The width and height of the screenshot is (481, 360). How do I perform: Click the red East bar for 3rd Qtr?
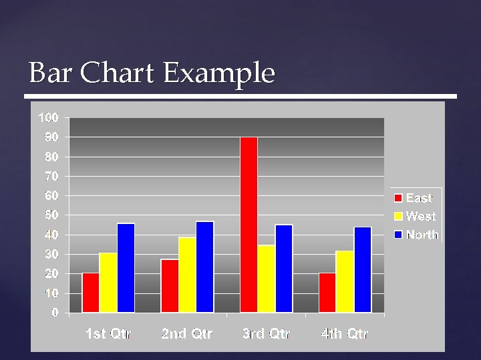[x=249, y=224]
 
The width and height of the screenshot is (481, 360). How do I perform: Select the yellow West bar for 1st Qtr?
[x=108, y=282]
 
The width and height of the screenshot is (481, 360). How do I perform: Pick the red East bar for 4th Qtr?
[x=327, y=292]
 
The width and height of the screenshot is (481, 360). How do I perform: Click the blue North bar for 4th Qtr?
[x=363, y=269]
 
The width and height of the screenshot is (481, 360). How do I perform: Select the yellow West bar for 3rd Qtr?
[x=266, y=278]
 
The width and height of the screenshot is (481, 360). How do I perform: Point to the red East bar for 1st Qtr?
[x=91, y=292]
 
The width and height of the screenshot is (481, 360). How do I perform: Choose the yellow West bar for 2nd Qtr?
[x=187, y=274]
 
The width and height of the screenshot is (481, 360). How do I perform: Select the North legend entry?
[x=422, y=234]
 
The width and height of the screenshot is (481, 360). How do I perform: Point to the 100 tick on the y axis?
[x=48, y=118]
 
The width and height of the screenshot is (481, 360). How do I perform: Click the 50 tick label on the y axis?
[x=51, y=215]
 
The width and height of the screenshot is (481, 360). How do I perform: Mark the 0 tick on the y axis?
[x=55, y=312]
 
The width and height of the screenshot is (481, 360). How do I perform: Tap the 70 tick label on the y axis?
[x=51, y=177]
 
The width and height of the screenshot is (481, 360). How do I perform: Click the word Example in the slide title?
[x=218, y=73]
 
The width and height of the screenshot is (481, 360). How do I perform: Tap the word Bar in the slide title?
[x=51, y=73]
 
